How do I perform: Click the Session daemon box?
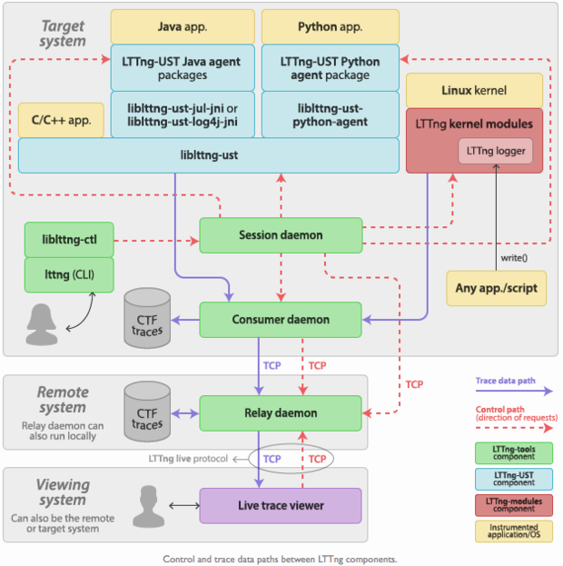pos(281,235)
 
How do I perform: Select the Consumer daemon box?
pos(281,320)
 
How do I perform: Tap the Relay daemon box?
pos(281,413)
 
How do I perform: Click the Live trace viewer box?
pos(281,505)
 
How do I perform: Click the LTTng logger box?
pos(495,150)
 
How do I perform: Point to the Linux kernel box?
pos(474,91)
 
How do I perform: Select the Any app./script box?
pos(496,288)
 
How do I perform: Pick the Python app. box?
pos(330,26)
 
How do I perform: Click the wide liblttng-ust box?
pos(209,155)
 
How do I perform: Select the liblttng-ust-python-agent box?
pos(331,114)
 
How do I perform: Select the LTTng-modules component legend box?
pos(513,501)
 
